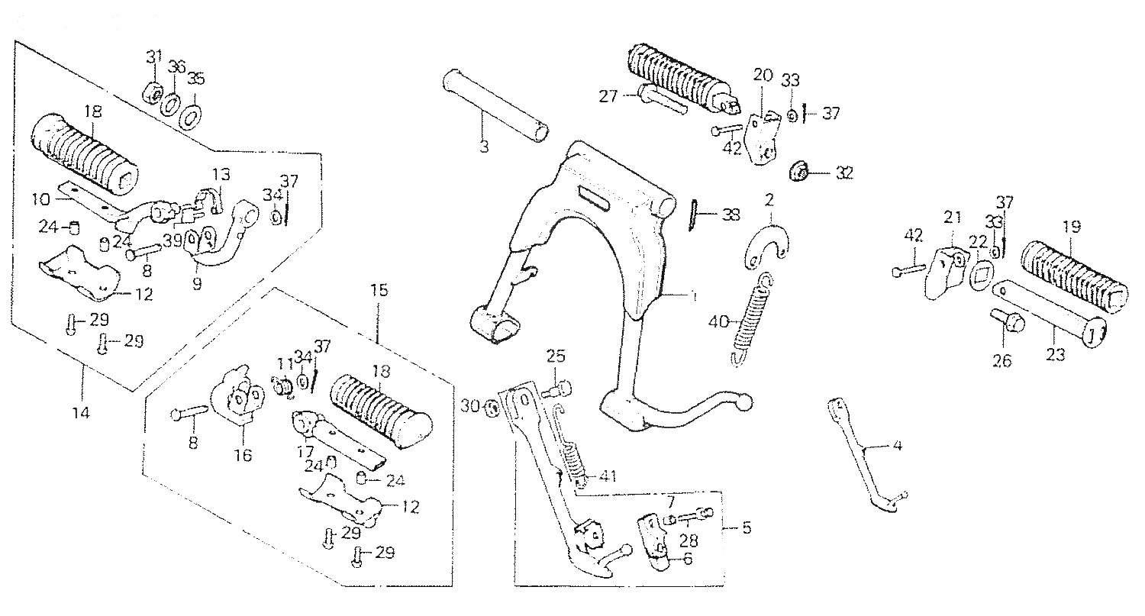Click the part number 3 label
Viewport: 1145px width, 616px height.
[x=485, y=146]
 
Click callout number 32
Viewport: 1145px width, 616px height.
[x=843, y=173]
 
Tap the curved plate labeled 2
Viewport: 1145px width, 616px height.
[x=768, y=243]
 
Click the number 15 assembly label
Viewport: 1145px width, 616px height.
[x=379, y=290]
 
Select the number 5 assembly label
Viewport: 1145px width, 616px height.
[x=745, y=528]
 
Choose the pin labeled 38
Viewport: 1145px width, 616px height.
[x=695, y=214]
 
